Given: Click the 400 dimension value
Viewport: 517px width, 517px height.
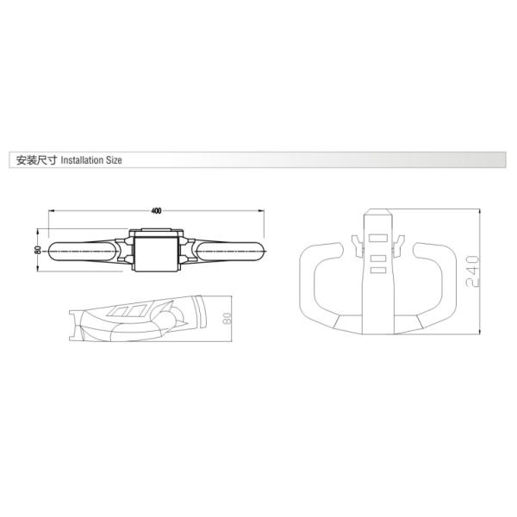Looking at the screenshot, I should tap(156, 210).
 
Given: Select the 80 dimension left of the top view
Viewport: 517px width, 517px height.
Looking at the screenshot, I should tap(38, 249).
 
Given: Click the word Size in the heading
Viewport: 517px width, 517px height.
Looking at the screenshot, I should tap(116, 161).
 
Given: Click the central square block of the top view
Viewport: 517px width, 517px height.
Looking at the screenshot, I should tap(156, 251).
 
